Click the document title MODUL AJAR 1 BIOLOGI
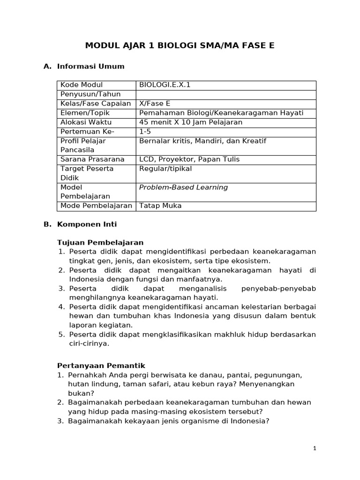pyautogui.click(x=180, y=45)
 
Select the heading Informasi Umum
pyautogui.click(x=90, y=66)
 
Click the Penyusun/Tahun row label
pyautogui.click(x=90, y=94)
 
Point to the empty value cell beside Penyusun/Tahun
pyautogui.click(x=225, y=94)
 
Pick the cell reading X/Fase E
pyautogui.click(x=155, y=104)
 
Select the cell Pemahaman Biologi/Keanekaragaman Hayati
pyautogui.click(x=221, y=113)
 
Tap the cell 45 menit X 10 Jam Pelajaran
pyautogui.click(x=191, y=122)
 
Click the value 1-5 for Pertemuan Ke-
pyautogui.click(x=146, y=132)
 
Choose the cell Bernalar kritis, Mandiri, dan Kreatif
pyautogui.click(x=202, y=141)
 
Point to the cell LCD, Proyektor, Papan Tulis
pyautogui.click(x=189, y=159)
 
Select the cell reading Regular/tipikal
pyautogui.click(x=165, y=169)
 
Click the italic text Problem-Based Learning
pyautogui.click(x=183, y=187)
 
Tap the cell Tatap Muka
pyautogui.click(x=160, y=206)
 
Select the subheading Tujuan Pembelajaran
pyautogui.click(x=100, y=242)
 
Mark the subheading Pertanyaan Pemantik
pyautogui.click(x=101, y=366)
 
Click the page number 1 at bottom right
pyautogui.click(x=315, y=449)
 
